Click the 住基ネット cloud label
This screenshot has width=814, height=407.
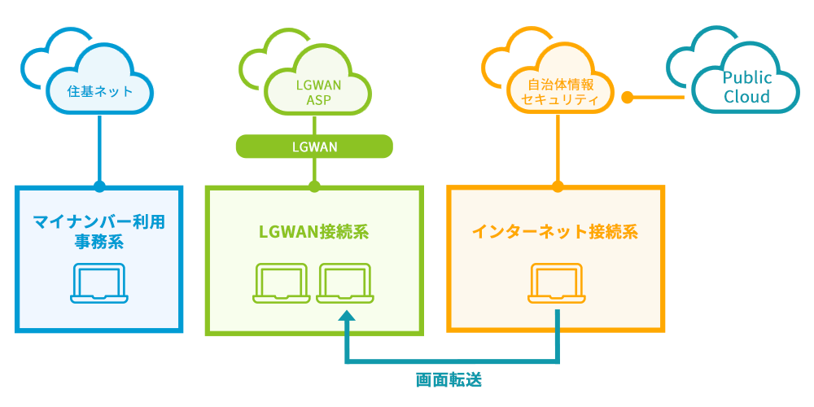click(x=99, y=92)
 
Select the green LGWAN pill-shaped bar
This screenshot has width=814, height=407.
click(x=314, y=147)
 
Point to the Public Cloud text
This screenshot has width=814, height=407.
click(x=746, y=87)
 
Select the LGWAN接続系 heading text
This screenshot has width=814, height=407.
click(x=314, y=231)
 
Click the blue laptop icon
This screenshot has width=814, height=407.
click(x=98, y=282)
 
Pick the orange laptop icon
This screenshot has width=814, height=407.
click(x=558, y=282)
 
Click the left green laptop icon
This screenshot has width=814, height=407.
click(x=281, y=282)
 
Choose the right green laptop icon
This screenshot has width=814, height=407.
click(x=344, y=282)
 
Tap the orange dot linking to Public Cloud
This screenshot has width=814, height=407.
click(x=628, y=98)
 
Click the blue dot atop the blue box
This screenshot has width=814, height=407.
click(x=99, y=186)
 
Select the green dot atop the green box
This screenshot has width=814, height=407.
click(x=314, y=186)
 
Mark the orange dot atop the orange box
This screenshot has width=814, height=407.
click(x=558, y=186)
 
